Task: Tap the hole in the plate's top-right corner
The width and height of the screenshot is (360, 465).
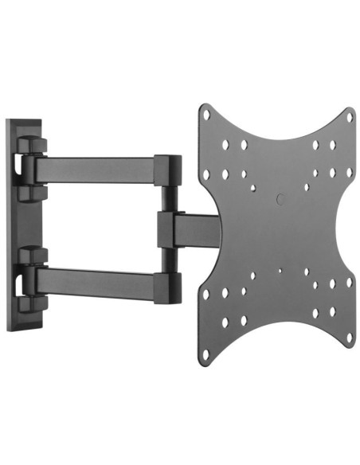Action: tap(348, 115)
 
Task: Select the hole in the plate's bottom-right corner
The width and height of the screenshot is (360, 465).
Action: tap(348, 338)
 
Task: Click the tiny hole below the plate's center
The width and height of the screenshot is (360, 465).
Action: tap(279, 269)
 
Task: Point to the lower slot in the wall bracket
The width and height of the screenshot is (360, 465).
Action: tap(16, 279)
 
